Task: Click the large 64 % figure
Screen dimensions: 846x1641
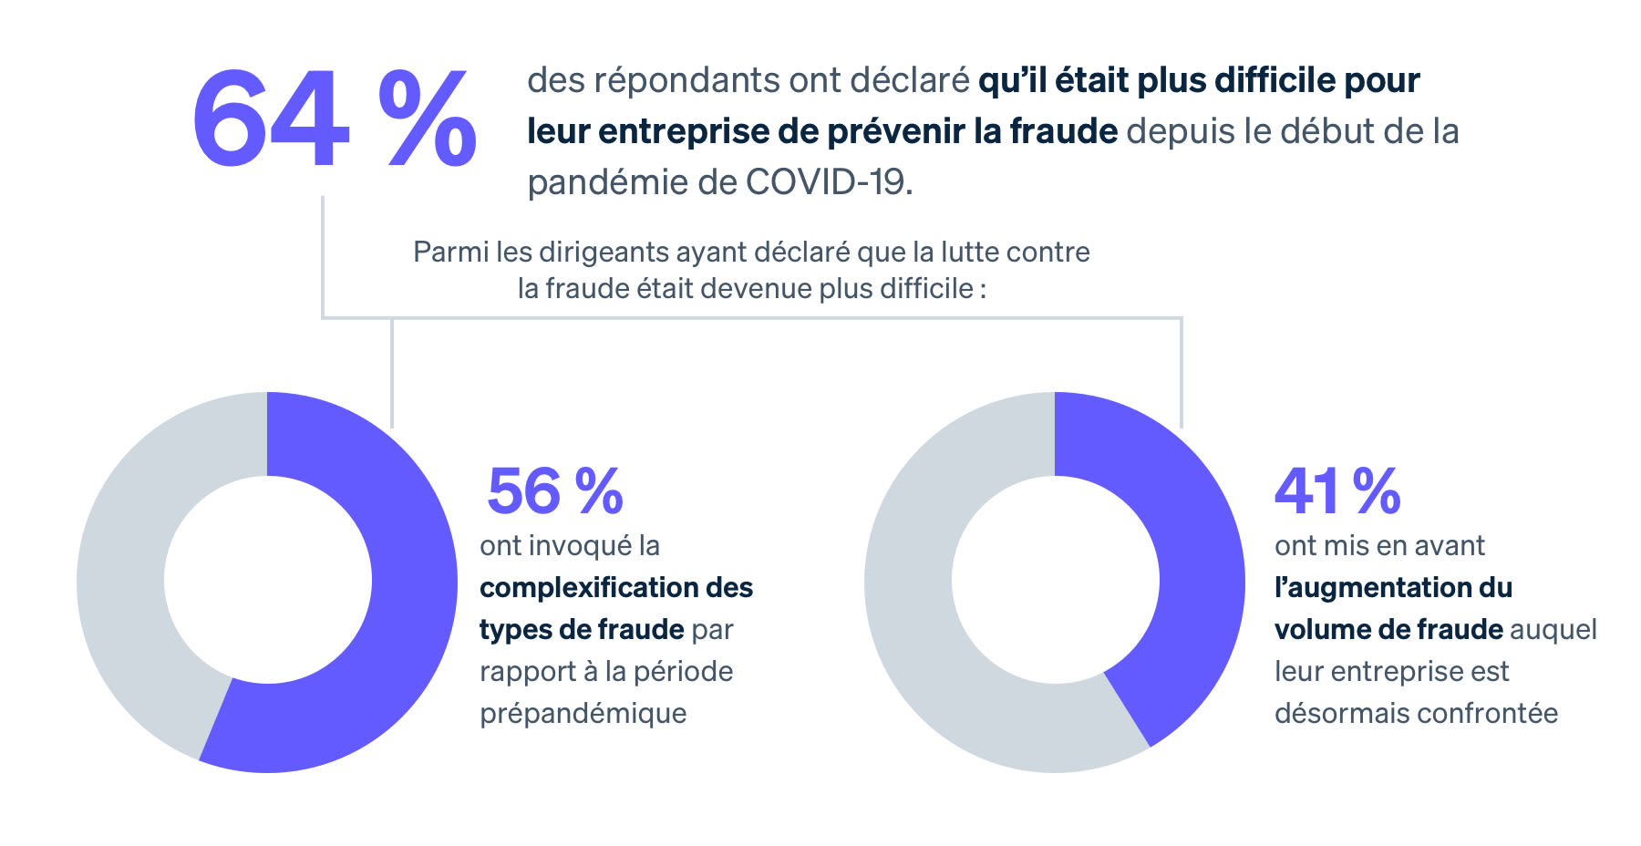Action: coord(334,119)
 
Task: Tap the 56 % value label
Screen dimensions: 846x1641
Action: coord(554,491)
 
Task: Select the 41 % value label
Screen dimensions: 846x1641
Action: coord(1337,491)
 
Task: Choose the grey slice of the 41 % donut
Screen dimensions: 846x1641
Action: coord(930,638)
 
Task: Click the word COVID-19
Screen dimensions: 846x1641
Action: coord(828,182)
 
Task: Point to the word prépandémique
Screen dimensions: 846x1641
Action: coord(583,713)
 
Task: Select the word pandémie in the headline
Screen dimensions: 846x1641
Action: coord(606,182)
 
